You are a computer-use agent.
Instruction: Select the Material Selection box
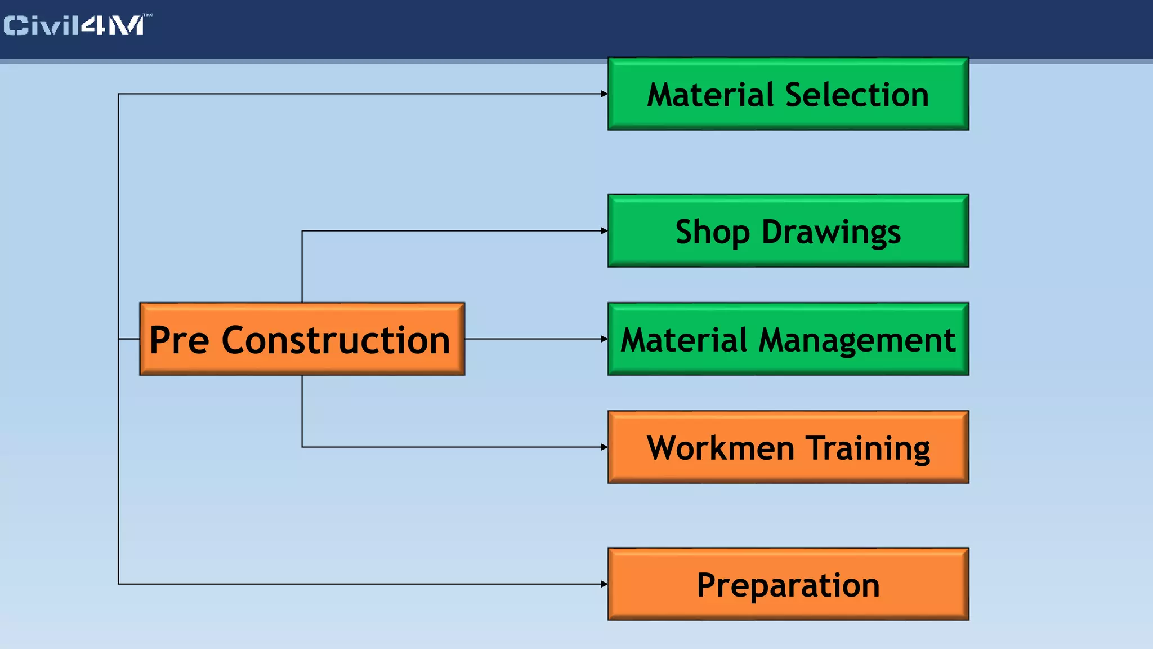coord(788,94)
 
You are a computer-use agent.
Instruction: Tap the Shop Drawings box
coord(788,231)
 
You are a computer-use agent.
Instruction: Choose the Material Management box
coord(788,339)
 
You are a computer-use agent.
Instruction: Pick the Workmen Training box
coord(788,447)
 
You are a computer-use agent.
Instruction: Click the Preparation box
coord(788,584)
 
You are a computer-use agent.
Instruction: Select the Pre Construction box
coord(302,339)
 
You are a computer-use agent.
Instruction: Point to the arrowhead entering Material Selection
coord(604,94)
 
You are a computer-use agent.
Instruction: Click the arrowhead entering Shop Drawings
coord(604,231)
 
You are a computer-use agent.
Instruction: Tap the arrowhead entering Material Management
coord(604,339)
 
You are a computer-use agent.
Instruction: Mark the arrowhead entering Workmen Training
coord(604,447)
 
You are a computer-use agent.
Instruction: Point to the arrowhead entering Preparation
coord(604,584)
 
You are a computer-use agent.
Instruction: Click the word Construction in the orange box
coord(336,340)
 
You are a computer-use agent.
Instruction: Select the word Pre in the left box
coord(179,340)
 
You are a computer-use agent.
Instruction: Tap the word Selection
coord(857,95)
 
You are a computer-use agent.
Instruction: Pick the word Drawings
coord(831,232)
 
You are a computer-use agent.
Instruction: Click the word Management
coord(857,340)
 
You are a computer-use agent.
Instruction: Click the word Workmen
coord(721,448)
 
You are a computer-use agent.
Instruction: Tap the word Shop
coord(712,232)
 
